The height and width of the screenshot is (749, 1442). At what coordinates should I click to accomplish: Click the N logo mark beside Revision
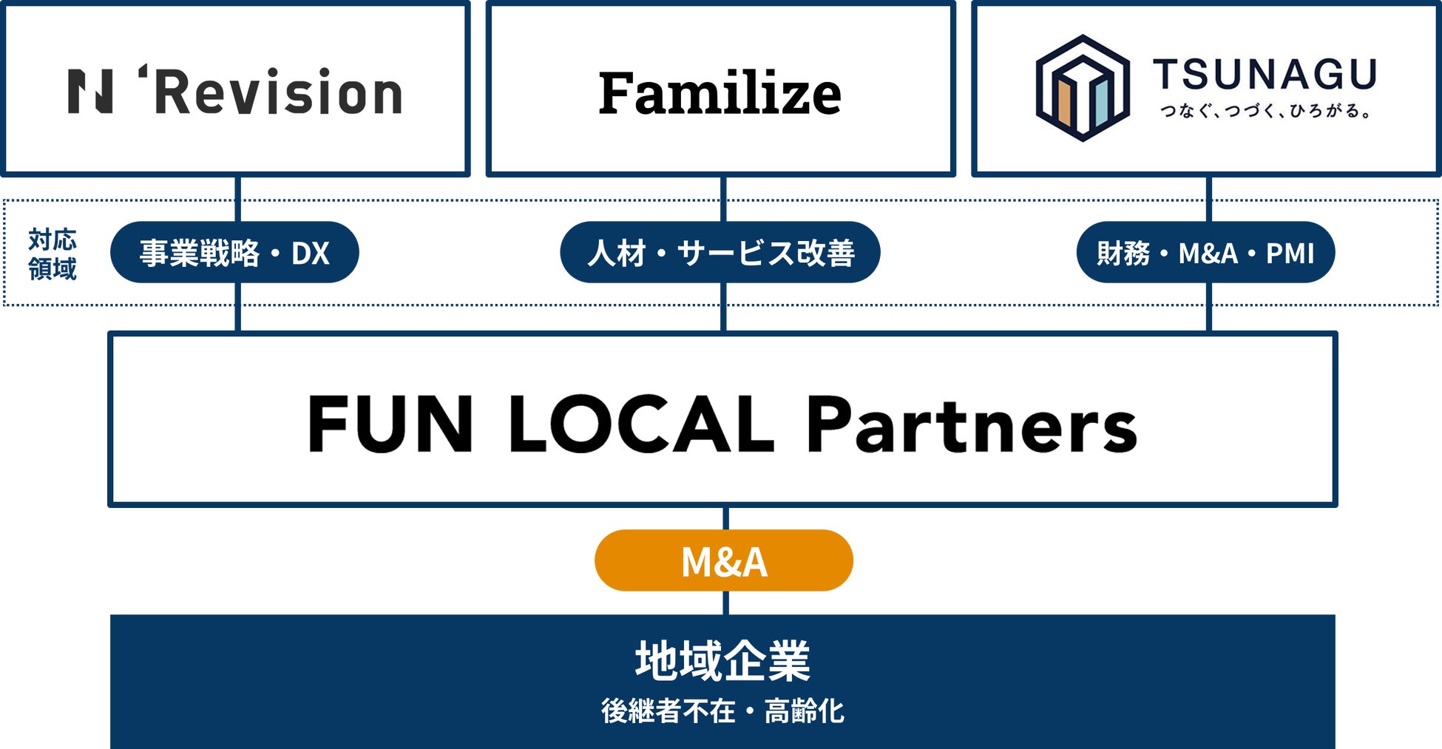pos(90,92)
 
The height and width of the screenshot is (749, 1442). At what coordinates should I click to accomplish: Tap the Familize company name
pos(720,93)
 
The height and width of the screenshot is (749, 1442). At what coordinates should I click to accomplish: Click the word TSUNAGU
pos(1265,75)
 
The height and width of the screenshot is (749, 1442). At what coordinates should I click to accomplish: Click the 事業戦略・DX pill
pos(234,253)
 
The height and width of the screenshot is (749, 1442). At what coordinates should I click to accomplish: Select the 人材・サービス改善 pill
pos(720,253)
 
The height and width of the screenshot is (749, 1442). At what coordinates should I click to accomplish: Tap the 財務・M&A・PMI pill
pos(1205,253)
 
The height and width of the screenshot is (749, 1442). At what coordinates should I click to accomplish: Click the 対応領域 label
pos(53,254)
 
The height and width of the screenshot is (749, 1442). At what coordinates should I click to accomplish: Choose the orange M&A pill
pos(723,560)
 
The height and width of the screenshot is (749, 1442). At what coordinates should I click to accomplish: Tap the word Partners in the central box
pos(971,424)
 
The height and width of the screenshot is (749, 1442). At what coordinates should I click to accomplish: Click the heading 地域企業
pos(722,660)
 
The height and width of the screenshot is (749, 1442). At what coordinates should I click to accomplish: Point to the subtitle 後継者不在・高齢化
pos(722,711)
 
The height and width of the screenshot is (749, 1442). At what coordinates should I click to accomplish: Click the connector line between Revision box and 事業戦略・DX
pos(238,198)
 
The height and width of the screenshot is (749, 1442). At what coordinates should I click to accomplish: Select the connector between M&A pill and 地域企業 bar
pos(725,603)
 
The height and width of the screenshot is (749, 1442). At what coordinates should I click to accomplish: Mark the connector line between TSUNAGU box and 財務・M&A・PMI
pos(1208,198)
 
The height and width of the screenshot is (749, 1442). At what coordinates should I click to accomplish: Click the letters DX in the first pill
pos(310,254)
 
